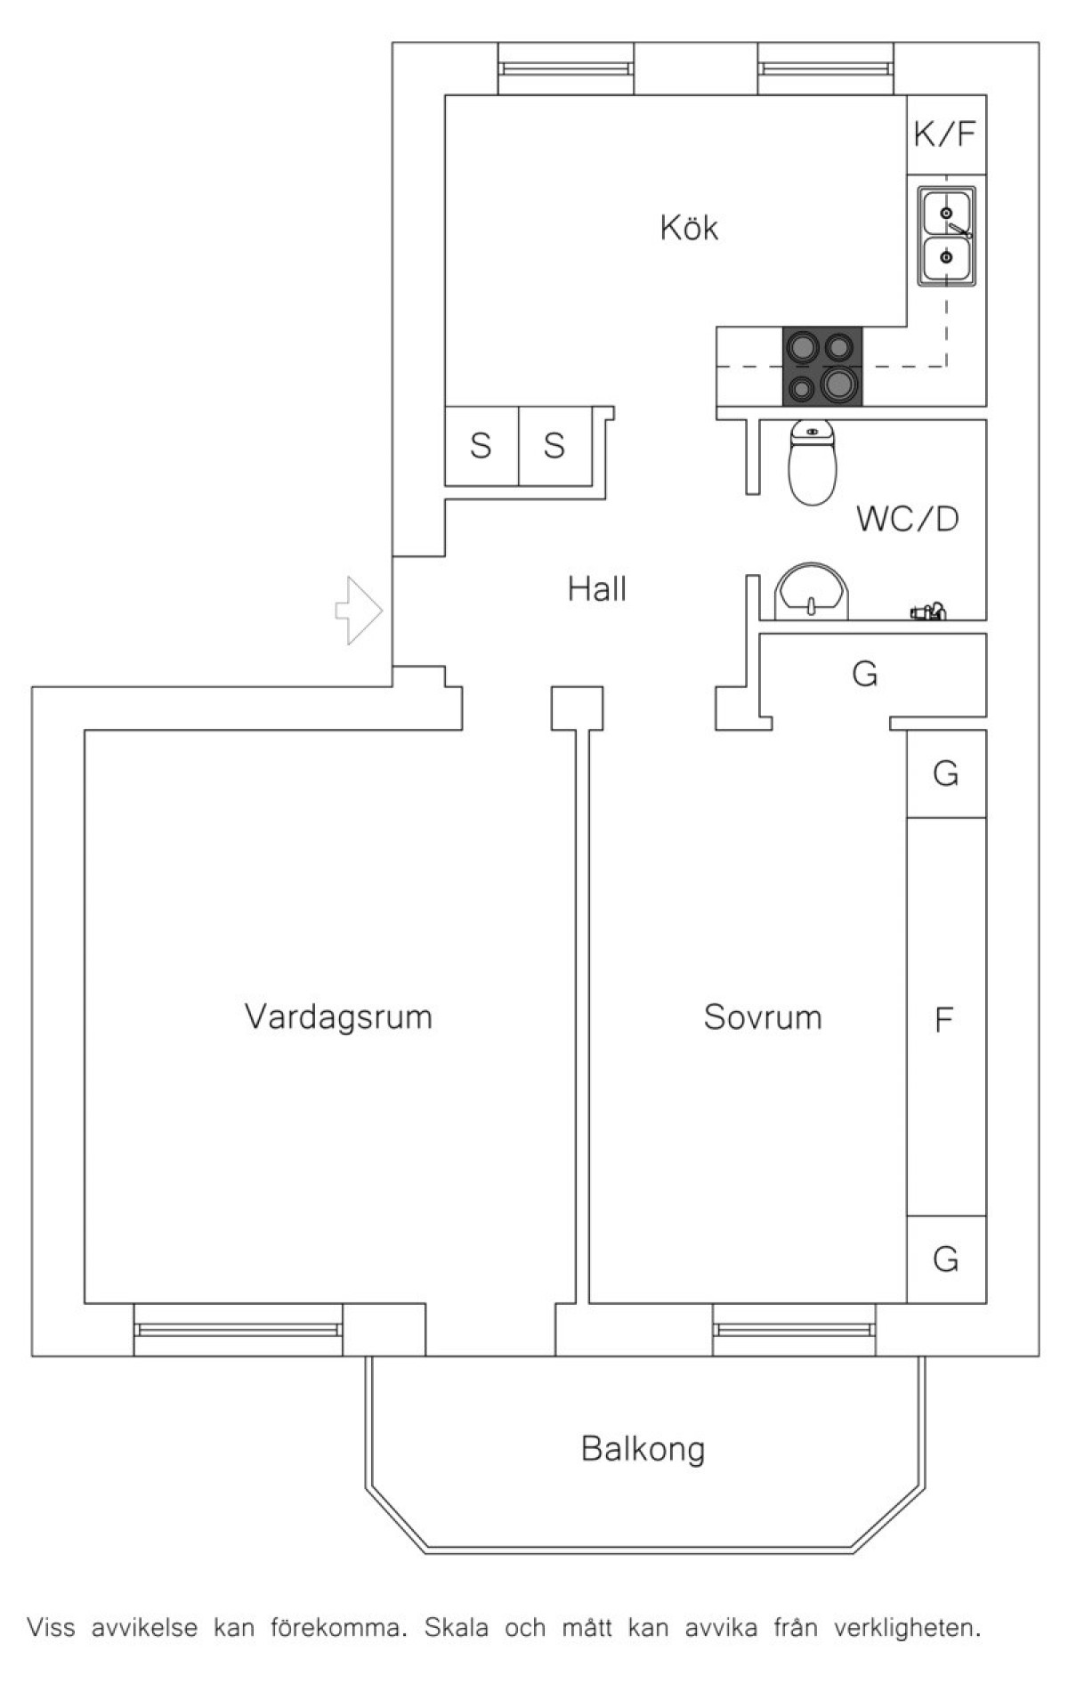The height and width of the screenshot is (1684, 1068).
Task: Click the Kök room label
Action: (688, 228)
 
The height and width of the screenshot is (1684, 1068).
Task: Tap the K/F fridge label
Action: (945, 134)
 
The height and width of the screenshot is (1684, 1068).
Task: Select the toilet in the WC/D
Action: (813, 464)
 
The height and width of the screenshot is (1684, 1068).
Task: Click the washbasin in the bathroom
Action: (812, 591)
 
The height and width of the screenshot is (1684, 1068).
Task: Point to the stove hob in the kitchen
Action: (821, 366)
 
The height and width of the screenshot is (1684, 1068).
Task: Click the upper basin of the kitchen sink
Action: (946, 214)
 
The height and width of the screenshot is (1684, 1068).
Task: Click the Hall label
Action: (597, 589)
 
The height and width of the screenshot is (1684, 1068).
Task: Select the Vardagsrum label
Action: (338, 1016)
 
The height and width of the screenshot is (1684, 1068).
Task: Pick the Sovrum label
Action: (763, 1016)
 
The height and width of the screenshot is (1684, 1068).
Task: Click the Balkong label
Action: (643, 1449)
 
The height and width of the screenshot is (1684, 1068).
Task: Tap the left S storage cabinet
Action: (481, 445)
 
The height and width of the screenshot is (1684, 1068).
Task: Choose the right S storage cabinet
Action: (554, 445)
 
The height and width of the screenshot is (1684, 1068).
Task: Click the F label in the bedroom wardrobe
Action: (944, 1018)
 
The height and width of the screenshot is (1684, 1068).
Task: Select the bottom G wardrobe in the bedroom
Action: (946, 1259)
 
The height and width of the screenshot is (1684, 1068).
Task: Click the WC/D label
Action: (908, 519)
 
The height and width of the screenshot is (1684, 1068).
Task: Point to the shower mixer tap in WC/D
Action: (927, 611)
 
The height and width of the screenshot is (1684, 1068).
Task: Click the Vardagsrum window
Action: (238, 1330)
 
